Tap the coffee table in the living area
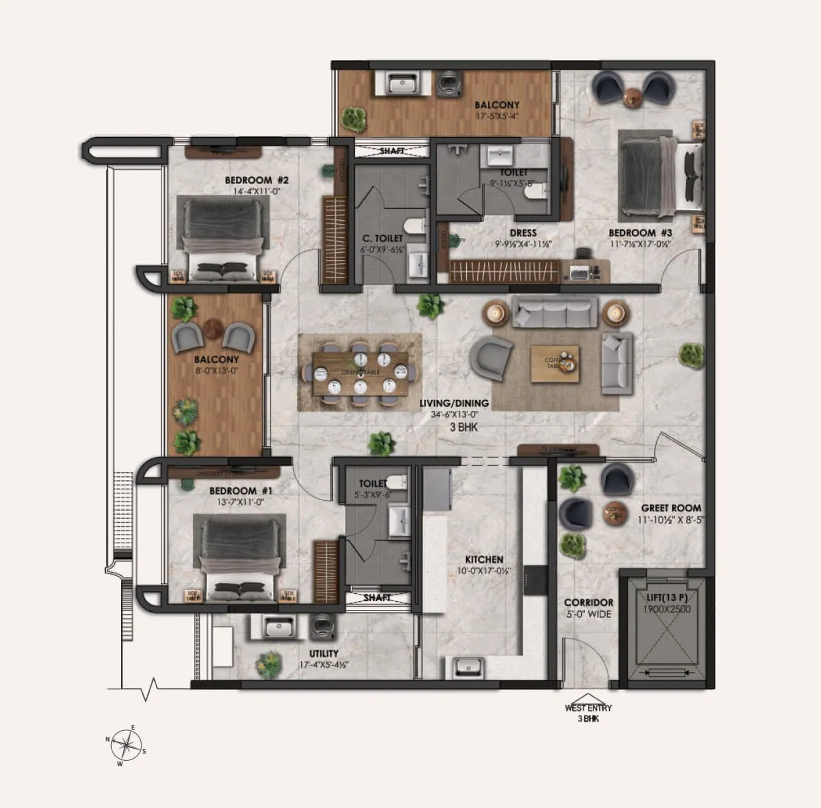[554, 364]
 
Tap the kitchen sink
[471, 665]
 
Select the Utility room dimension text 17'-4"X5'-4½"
[324, 664]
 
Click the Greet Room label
[671, 508]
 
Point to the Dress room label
[523, 233]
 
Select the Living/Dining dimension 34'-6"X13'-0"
[454, 415]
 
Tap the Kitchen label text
[484, 560]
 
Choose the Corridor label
[588, 603]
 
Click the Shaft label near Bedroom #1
[377, 598]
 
